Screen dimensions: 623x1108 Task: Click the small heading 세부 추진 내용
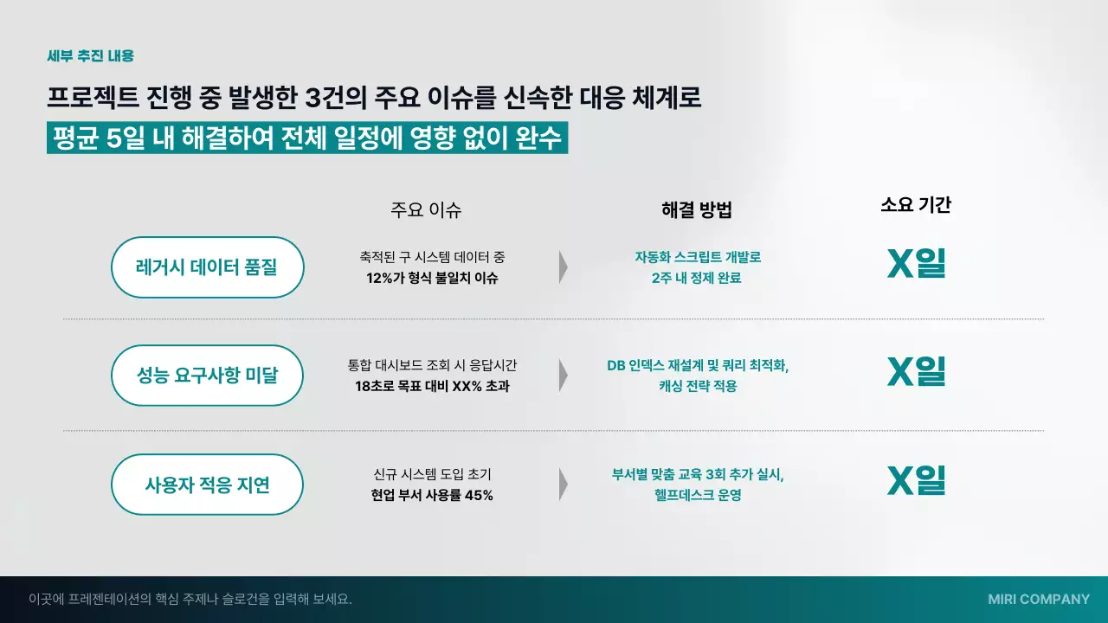(x=90, y=56)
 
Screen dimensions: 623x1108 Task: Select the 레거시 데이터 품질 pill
(x=207, y=267)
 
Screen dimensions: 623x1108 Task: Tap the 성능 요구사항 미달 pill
(x=207, y=376)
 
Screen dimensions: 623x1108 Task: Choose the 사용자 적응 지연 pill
(x=207, y=485)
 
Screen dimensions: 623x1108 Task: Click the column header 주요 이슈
(x=426, y=209)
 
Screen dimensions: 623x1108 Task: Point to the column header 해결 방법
(x=697, y=209)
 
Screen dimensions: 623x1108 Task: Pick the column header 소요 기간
(x=916, y=205)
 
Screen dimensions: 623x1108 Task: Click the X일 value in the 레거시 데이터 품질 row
(x=916, y=264)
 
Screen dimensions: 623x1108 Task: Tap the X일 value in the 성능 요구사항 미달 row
(x=916, y=371)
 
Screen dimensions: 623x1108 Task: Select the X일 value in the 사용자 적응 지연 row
(x=916, y=480)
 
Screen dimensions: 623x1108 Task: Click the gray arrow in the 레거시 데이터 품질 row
(x=564, y=267)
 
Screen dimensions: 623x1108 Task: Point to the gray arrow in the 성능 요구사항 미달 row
(x=564, y=376)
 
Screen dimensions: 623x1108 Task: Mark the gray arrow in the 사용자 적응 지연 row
(x=564, y=485)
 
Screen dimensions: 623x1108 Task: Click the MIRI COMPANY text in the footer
(x=1039, y=599)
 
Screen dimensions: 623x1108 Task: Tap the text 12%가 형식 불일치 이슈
(x=432, y=279)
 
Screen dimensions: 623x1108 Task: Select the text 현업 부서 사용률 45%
(x=432, y=496)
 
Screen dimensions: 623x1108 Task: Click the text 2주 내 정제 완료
(x=697, y=279)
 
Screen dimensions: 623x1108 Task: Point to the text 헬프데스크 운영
(x=698, y=496)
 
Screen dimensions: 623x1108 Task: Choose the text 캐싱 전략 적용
(x=698, y=386)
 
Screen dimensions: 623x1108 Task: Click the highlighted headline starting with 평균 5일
(x=307, y=138)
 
